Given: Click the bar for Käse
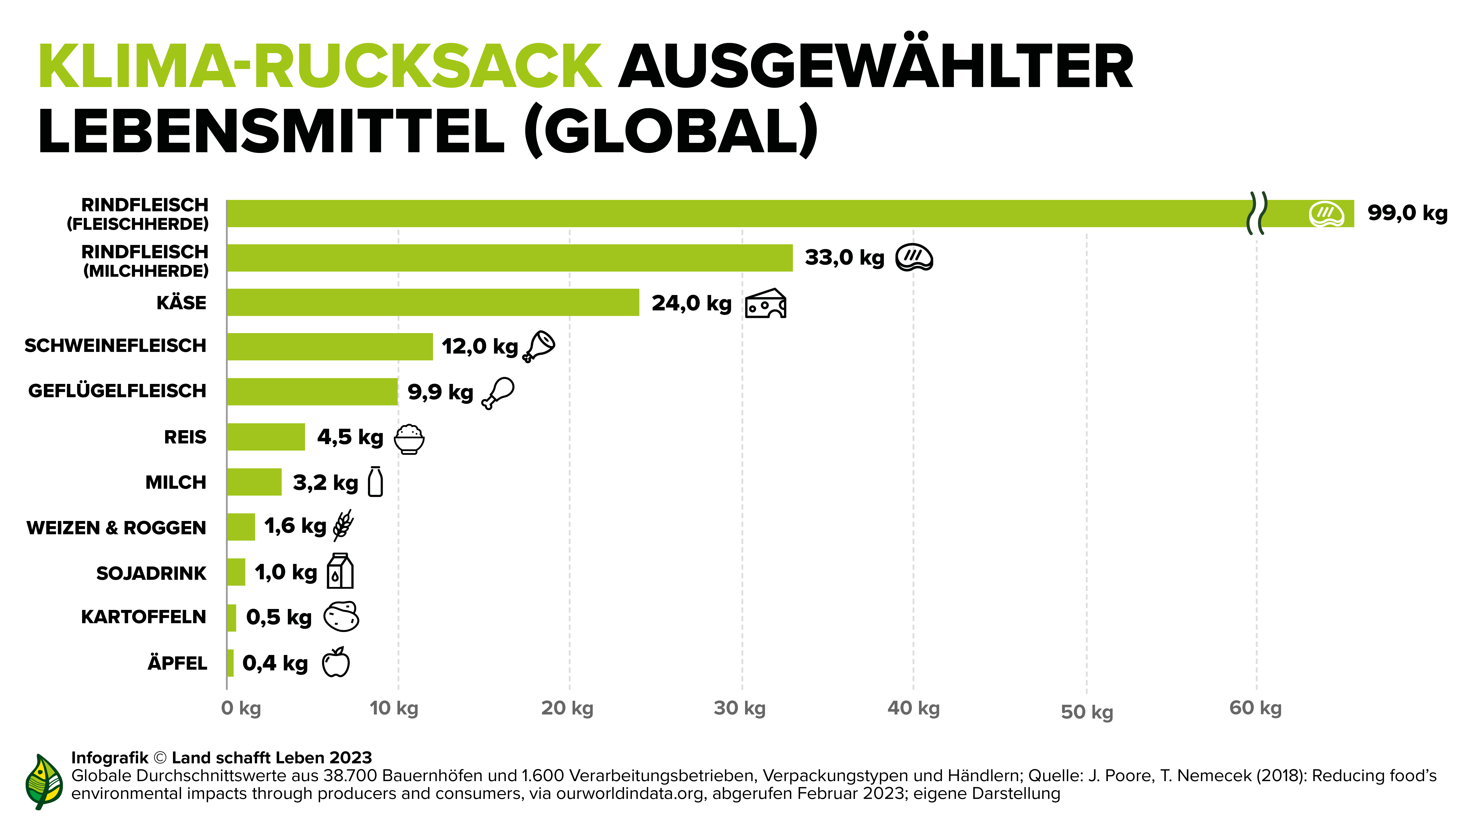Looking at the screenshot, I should point(433,303).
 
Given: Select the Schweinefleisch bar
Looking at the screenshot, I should point(330,347).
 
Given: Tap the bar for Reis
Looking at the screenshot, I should point(266,437).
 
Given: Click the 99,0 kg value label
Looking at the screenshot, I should point(1407,213).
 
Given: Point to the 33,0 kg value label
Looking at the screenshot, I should point(844,258).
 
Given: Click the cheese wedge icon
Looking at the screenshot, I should point(766,304).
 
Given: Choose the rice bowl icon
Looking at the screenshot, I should point(409,439).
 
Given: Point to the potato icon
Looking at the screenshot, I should point(341,617).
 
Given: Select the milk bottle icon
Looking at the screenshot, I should point(375,482).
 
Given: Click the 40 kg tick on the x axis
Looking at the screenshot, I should point(914,708).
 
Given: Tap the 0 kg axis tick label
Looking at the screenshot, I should point(241,708).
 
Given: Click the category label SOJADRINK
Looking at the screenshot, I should point(151,573).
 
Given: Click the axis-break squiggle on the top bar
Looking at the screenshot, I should point(1257,213).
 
